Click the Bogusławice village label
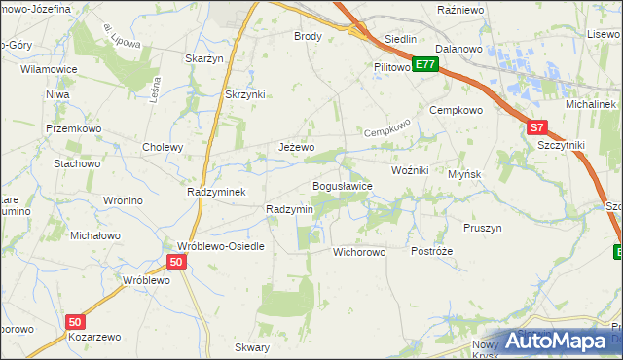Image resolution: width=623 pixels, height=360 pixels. [342, 186]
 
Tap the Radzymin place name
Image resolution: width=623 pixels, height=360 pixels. [289, 210]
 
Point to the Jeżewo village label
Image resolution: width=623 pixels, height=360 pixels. [297, 147]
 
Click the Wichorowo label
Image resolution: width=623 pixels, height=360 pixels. [360, 252]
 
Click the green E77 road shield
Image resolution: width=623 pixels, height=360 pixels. [424, 64]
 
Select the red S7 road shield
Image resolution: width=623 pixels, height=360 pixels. [536, 127]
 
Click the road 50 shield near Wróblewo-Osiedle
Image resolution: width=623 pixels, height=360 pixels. [175, 262]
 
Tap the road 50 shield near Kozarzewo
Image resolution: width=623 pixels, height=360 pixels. [76, 321]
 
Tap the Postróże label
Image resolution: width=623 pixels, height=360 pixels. [431, 251]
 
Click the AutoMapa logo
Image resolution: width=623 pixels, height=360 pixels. [559, 342]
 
